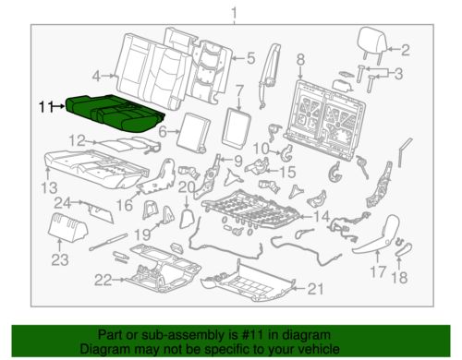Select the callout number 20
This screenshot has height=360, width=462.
click(186, 188)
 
